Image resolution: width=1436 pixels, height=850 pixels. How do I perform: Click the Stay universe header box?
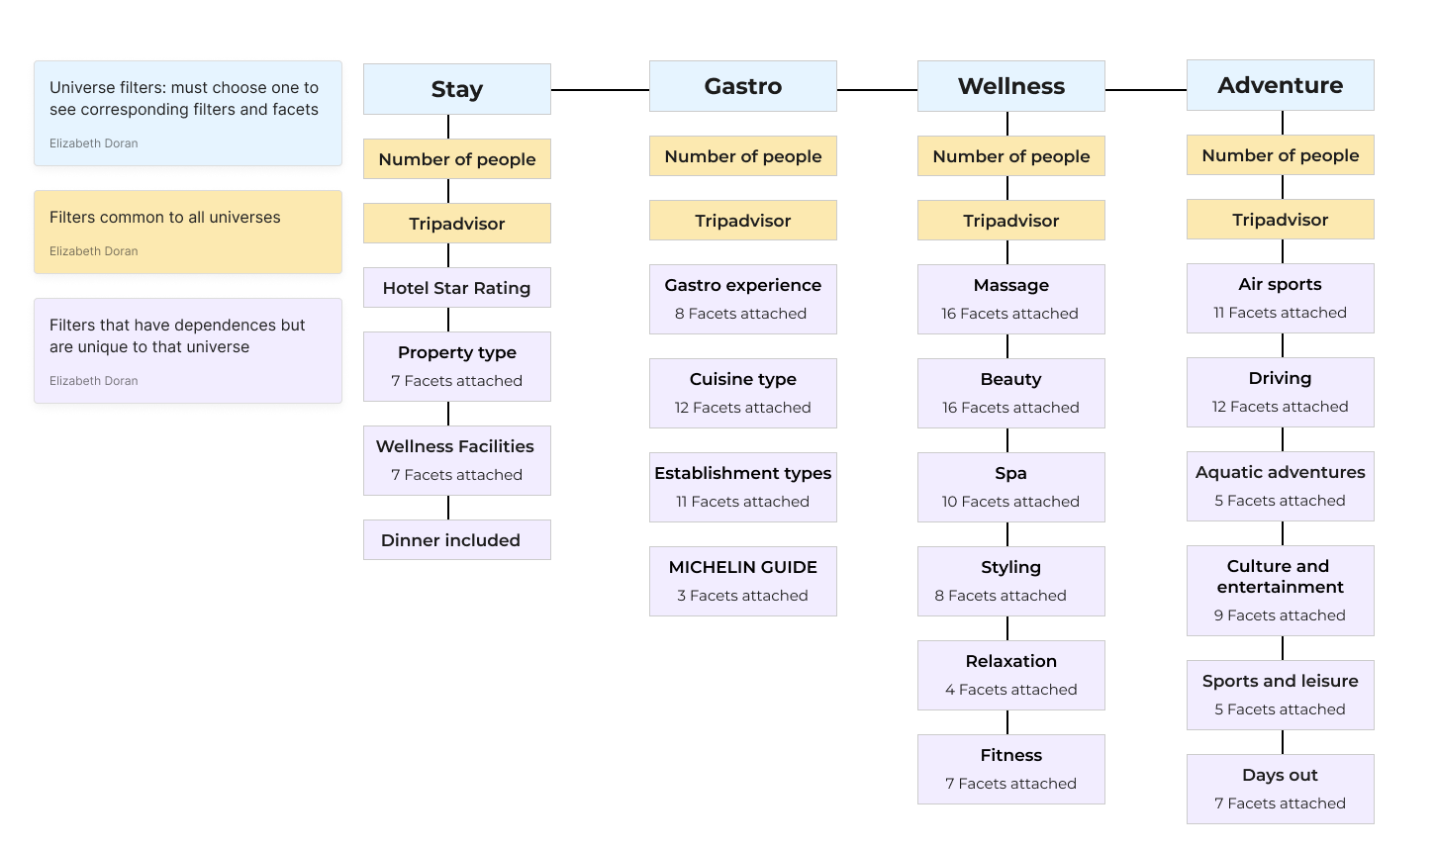point(456,89)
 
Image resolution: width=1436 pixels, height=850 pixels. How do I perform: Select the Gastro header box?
point(742,86)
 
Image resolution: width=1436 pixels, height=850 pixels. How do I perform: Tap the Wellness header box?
point(1010,86)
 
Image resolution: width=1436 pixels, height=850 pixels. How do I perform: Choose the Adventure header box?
point(1280,85)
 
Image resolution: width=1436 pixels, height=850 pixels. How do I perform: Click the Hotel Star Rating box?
point(456,288)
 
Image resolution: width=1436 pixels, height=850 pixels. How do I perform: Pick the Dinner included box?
point(456,540)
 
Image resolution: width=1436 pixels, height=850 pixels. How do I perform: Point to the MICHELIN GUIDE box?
point(742,581)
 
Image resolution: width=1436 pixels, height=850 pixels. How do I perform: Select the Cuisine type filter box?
point(742,393)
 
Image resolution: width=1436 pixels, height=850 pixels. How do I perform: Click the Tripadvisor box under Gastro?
point(742,221)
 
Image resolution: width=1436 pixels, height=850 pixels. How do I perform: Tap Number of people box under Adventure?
point(1280,155)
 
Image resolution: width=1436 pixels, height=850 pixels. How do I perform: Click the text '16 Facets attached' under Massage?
point(1009,314)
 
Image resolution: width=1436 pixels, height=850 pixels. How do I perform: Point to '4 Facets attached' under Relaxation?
point(1010,690)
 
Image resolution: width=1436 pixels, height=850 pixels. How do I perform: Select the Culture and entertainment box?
point(1280,590)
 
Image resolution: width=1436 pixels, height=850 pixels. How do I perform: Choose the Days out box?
point(1280,789)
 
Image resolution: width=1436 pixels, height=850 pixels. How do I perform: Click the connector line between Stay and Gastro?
point(600,90)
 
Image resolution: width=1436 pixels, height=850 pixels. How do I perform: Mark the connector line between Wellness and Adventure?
point(1145,90)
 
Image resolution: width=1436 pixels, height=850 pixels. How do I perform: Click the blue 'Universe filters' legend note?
point(188,113)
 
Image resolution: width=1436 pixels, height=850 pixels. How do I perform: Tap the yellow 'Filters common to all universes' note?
point(188,232)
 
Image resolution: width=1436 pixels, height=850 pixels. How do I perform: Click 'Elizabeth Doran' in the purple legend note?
point(94,381)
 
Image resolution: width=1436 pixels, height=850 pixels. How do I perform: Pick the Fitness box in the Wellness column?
point(1010,769)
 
